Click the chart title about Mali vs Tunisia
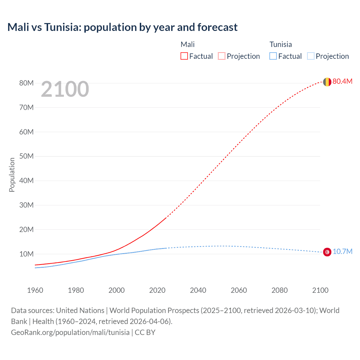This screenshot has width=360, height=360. pos(122,27)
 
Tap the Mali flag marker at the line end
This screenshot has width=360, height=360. pos(327,82)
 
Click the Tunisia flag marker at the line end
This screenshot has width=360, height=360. pos(327,252)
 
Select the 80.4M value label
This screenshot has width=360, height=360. pos(342,81)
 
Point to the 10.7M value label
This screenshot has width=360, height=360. pos(342,251)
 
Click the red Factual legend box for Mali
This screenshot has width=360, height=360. pos(184,56)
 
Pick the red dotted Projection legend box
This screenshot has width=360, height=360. pos(222,56)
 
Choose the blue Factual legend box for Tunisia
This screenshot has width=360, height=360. pos(273,56)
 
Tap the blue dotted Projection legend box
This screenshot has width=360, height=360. pos(311,56)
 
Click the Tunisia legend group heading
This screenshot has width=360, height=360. pos(280,44)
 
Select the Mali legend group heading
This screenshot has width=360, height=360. pos(188,44)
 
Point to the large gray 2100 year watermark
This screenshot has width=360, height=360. pos(65,89)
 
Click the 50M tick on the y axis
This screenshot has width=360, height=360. pos(26,156)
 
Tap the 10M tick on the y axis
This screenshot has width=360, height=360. pos(26,254)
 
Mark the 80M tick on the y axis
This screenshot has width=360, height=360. pos(26,83)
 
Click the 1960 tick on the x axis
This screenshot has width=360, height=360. pos(35,290)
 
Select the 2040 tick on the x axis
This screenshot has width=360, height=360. pos(198,290)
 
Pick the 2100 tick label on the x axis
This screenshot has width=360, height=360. pos(320,290)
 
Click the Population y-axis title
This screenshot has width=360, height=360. pos(12,175)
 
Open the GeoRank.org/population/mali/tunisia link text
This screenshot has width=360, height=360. pos(70,332)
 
